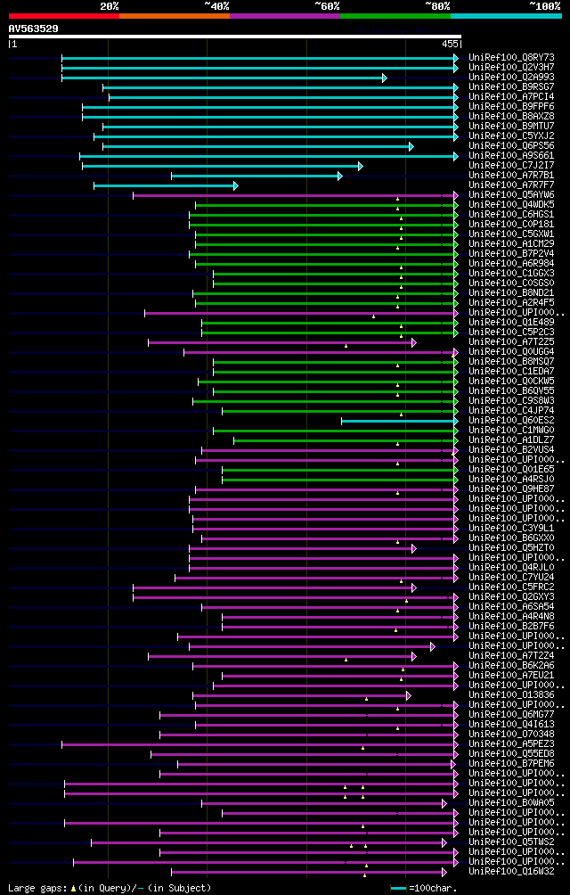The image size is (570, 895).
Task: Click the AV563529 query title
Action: pyautogui.click(x=34, y=29)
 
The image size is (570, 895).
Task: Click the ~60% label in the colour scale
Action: pyautogui.click(x=327, y=5)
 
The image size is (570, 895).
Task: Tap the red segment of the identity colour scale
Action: pyautogui.click(x=63, y=15)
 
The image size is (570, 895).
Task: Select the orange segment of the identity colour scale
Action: pyautogui.click(x=174, y=15)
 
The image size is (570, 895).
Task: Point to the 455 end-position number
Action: pyautogui.click(x=449, y=43)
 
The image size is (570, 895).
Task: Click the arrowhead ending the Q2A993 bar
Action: pyautogui.click(x=385, y=78)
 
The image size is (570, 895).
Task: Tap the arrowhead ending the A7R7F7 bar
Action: pyautogui.click(x=235, y=185)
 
